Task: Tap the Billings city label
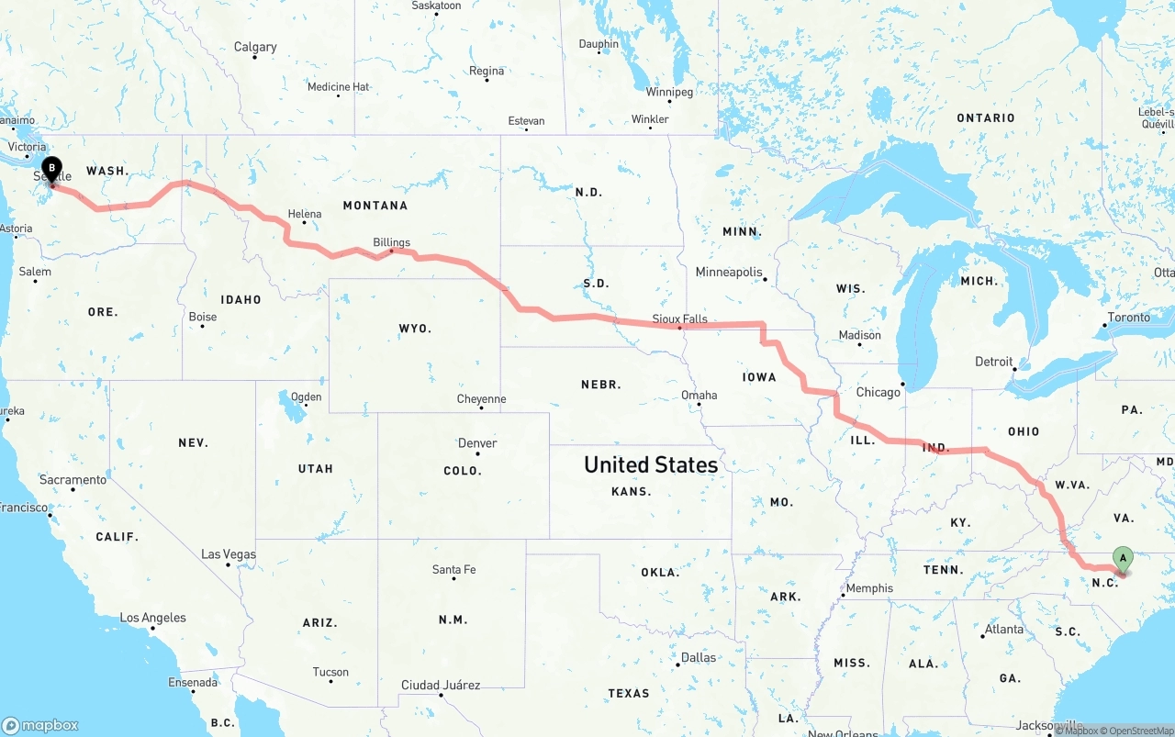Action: point(391,242)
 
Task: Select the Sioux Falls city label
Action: point(679,318)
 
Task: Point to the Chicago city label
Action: point(878,392)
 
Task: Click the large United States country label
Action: point(651,464)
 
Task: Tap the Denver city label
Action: point(477,443)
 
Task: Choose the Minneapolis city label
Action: point(729,272)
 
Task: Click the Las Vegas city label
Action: point(229,554)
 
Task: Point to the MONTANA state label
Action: point(375,206)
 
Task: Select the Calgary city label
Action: point(255,47)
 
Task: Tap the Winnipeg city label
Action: point(669,92)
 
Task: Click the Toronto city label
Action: point(1128,318)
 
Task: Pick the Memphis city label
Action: point(868,588)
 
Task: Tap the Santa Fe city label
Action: point(453,570)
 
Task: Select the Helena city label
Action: point(305,214)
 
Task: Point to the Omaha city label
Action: point(699,396)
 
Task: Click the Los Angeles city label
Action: point(152,618)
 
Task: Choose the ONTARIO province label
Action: point(986,117)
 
